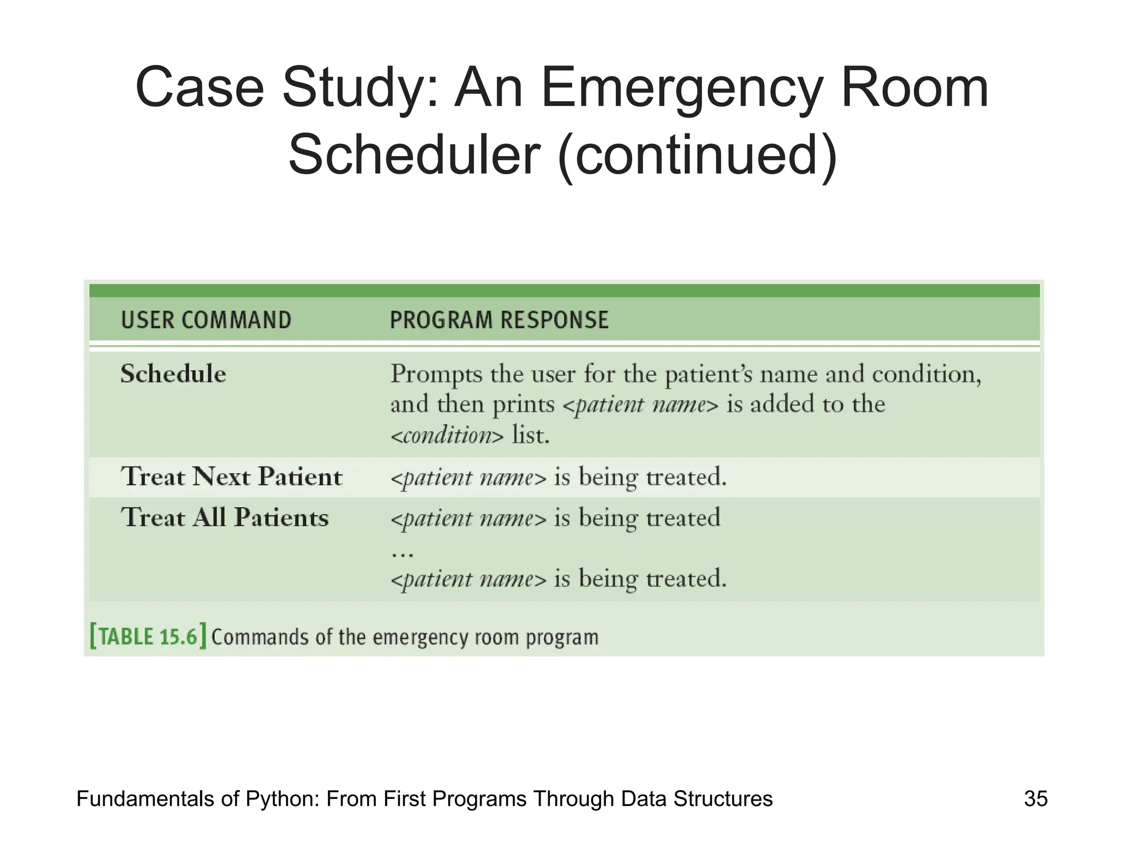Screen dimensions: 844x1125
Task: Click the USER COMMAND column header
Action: point(206,320)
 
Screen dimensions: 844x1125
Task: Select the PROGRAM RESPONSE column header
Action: point(499,320)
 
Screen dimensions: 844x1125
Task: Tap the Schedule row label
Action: point(173,374)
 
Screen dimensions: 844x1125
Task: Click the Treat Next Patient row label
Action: point(231,476)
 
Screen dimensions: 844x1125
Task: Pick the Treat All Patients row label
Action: point(225,518)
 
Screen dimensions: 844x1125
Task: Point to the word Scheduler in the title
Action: point(414,156)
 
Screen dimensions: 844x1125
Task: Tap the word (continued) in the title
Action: point(697,156)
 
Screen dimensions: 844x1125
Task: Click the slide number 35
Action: point(1035,798)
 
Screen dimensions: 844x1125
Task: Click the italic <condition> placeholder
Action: point(447,436)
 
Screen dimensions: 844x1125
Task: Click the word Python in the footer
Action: point(282,799)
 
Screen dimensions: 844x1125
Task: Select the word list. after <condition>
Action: point(531,435)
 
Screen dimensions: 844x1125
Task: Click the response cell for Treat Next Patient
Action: point(558,477)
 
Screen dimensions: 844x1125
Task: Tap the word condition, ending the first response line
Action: point(926,375)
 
